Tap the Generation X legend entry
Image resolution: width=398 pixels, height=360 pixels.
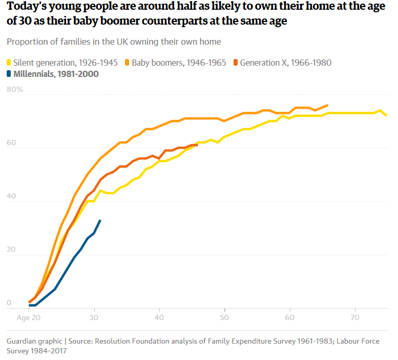click(285, 63)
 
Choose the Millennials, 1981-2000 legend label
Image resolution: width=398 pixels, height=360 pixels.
click(56, 74)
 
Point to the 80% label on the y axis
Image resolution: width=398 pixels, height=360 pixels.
click(15, 89)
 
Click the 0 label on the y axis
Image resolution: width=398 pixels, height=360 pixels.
click(9, 303)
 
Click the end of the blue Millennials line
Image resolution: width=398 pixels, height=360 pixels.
click(100, 220)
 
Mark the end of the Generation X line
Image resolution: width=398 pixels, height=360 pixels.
click(197, 145)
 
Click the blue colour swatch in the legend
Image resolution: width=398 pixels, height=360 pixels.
click(9, 74)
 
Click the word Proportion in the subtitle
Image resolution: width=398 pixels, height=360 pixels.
click(26, 42)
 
